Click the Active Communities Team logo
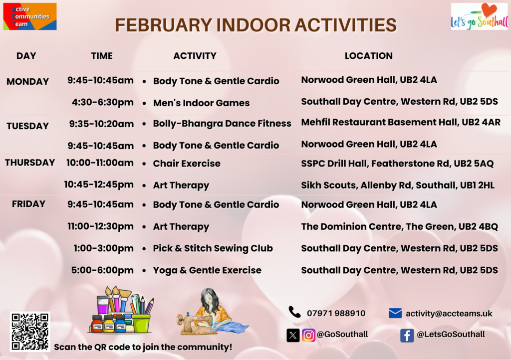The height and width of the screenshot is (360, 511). [30, 16]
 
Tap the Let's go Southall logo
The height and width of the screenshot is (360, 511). [480, 16]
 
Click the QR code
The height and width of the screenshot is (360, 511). [30, 332]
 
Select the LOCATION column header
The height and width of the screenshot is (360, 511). [369, 56]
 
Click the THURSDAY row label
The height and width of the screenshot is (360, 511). [30, 163]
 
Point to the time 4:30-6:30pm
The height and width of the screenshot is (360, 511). [103, 102]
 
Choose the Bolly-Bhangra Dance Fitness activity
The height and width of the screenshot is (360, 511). [222, 124]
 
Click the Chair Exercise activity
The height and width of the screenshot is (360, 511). [187, 164]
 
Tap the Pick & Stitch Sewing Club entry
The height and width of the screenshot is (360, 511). [213, 248]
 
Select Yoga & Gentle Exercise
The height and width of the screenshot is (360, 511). [207, 270]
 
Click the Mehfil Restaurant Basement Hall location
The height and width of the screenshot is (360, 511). [401, 122]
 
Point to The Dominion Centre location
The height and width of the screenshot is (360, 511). [400, 226]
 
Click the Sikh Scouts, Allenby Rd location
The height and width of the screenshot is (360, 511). [398, 185]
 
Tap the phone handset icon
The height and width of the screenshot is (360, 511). [294, 312]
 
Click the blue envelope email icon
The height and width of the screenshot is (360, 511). [395, 313]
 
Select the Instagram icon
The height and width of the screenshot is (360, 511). [308, 335]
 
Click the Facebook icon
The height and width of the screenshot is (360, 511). [407, 335]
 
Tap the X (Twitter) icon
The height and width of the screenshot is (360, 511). [293, 335]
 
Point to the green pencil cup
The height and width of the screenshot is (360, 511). [141, 323]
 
